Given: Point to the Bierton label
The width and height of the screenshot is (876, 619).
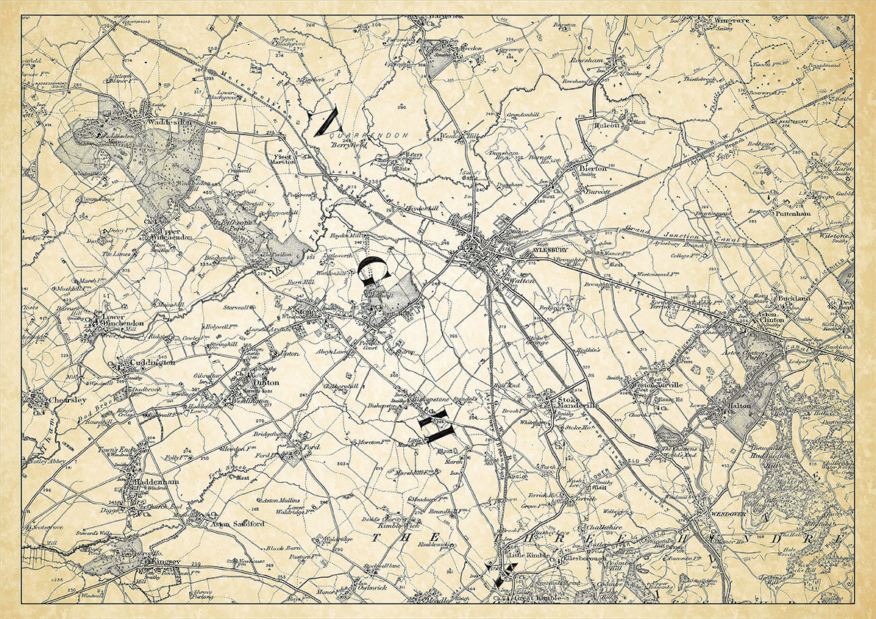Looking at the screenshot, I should click(x=594, y=168).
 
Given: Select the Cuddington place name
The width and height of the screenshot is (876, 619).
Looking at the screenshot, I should click(x=152, y=363).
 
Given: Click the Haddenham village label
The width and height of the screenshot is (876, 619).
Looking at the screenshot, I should click(x=157, y=482).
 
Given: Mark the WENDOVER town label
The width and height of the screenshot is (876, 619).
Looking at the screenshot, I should click(x=730, y=513).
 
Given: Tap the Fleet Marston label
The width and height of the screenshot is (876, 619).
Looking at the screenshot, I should click(x=283, y=160).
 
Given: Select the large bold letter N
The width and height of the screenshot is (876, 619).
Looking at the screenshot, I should click(x=324, y=121).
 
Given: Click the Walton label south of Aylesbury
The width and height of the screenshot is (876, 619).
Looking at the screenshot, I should click(x=522, y=280).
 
